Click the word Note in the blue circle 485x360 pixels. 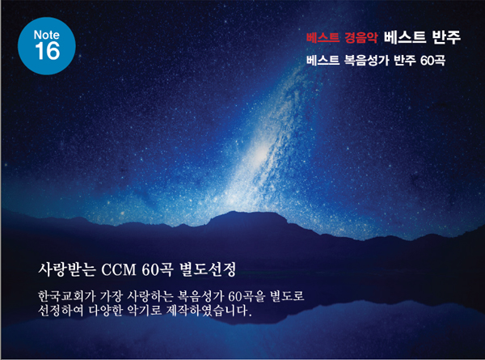pos(46,35)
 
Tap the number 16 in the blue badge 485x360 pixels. pos(47,51)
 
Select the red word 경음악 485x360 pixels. pos(361,37)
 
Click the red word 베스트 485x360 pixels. pos(323,37)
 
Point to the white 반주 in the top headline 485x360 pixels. pos(445,37)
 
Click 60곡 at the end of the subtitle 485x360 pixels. pos(432,61)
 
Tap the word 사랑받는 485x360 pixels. pos(67,269)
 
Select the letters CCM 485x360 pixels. pos(119,270)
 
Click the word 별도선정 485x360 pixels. pos(208,269)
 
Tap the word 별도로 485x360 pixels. pos(287,296)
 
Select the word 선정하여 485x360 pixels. pos(61,311)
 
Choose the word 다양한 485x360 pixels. pos(105,311)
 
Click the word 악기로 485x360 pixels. pos(145,311)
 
